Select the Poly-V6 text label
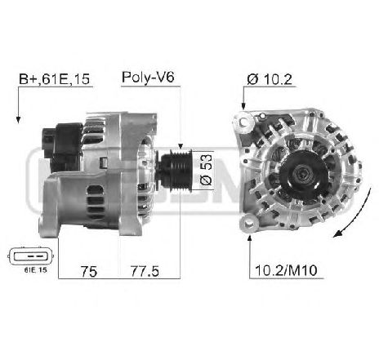click(x=148, y=78)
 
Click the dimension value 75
click(x=89, y=269)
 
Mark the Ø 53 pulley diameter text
click(x=206, y=167)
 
